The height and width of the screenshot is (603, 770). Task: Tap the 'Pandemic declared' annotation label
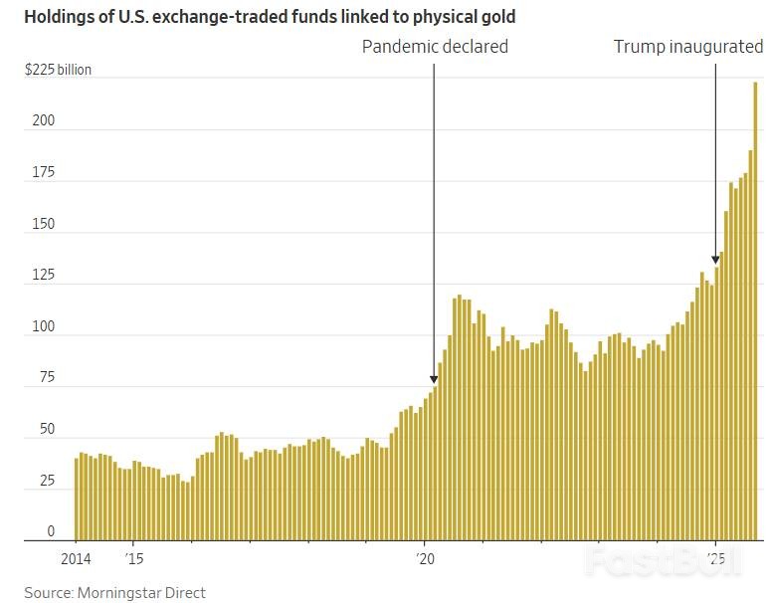tap(435, 47)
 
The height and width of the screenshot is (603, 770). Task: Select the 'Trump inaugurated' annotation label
tap(687, 47)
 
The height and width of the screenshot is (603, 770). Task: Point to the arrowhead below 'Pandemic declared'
tap(434, 378)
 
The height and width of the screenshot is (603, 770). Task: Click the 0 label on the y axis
tap(51, 532)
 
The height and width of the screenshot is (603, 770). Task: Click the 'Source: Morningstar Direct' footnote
tap(114, 592)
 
